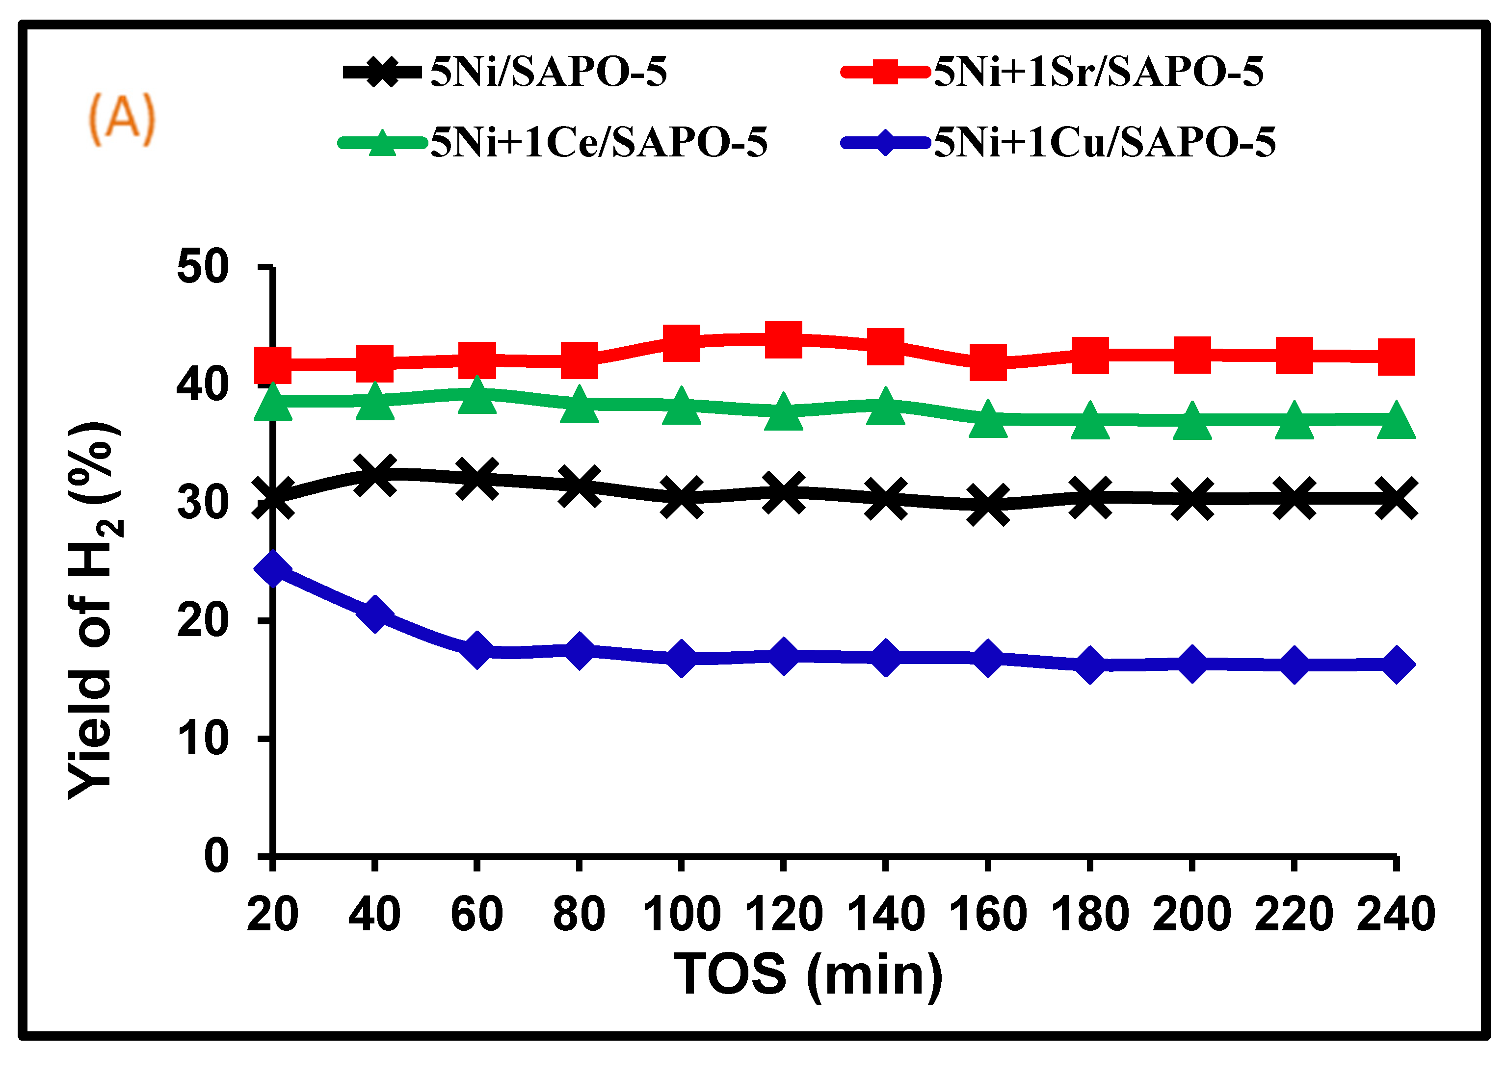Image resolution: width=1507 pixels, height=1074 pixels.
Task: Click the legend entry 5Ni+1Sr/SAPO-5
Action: click(x=1098, y=72)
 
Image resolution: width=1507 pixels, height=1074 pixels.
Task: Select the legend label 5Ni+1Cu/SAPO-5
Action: click(x=1104, y=142)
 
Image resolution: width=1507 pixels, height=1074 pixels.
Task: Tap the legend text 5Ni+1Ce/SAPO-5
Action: click(x=599, y=142)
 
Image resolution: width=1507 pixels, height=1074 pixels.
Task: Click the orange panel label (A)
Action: click(x=121, y=119)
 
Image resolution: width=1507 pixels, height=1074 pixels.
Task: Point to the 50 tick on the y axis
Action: click(x=203, y=268)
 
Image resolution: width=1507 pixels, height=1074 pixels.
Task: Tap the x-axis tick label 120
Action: click(x=783, y=914)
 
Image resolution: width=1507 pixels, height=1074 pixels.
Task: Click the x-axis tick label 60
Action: click(x=476, y=914)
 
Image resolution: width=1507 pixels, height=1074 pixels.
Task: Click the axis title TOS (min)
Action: click(x=808, y=974)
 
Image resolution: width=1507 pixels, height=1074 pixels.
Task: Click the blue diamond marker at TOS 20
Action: click(x=272, y=569)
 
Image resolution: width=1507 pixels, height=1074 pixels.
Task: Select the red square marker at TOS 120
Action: click(x=783, y=339)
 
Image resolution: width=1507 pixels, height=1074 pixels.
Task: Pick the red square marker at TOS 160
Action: click(x=988, y=362)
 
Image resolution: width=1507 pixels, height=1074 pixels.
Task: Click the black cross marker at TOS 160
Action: click(x=988, y=506)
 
